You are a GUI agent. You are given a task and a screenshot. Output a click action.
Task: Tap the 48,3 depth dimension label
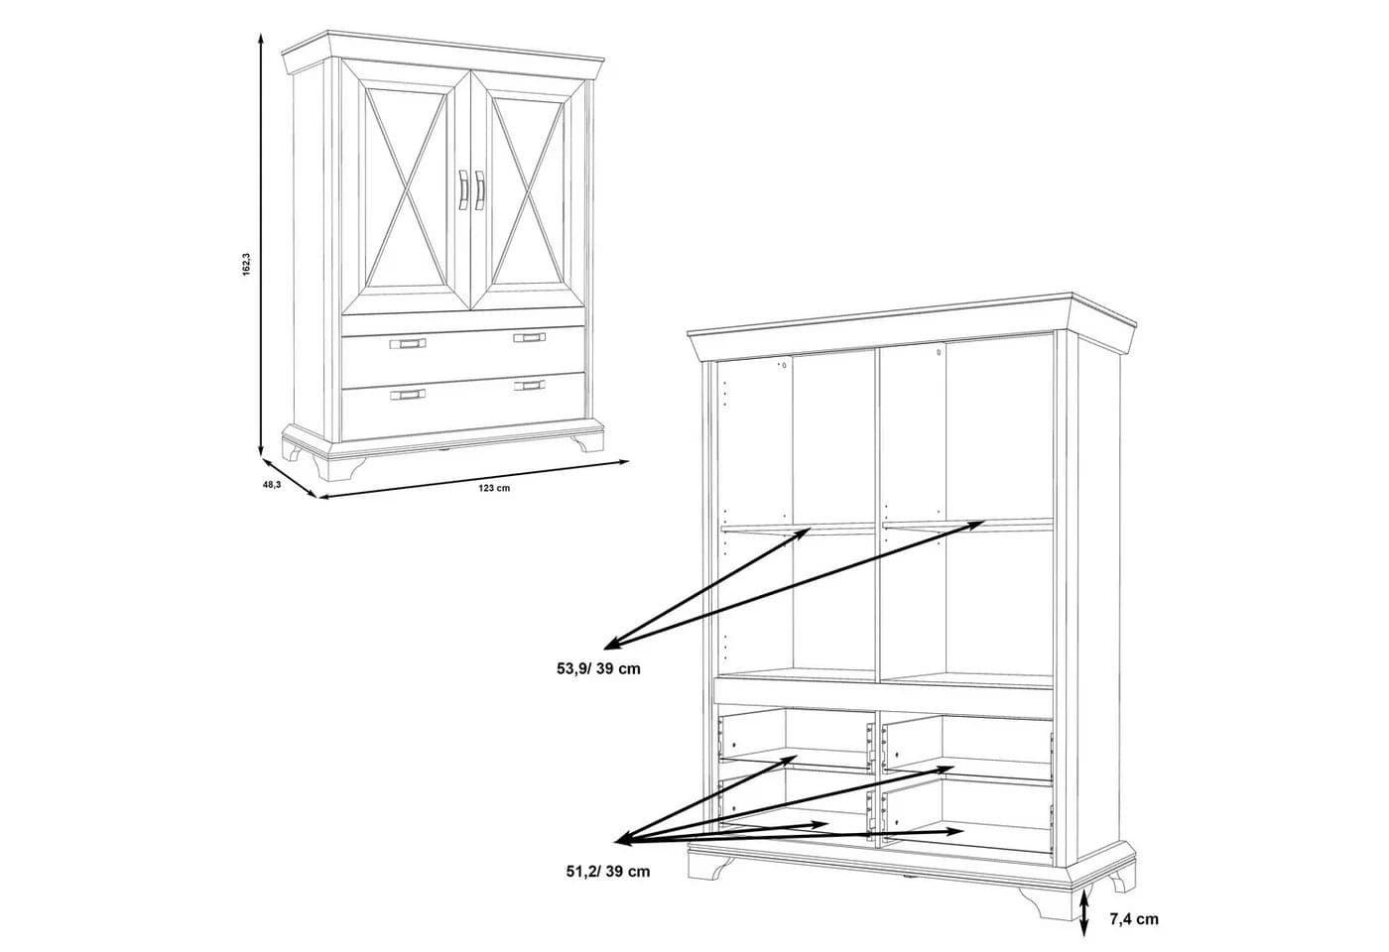click(272, 485)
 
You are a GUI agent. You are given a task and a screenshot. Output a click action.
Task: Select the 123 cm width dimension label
click(494, 488)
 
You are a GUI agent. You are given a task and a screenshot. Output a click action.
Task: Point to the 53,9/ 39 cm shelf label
click(598, 668)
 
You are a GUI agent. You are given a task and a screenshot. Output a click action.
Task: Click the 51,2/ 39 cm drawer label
click(607, 872)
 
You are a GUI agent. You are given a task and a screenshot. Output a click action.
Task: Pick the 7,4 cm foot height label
click(1134, 919)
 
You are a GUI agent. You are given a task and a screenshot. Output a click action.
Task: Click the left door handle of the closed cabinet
click(462, 190)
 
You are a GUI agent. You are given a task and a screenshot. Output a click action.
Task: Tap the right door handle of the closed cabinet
click(479, 190)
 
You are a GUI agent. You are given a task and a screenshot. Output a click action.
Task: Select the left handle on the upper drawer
click(408, 343)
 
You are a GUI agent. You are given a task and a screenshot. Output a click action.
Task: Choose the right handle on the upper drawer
click(529, 338)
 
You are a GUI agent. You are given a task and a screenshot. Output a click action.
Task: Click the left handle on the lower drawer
click(408, 395)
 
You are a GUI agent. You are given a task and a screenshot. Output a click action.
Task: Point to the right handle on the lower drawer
click(529, 386)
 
